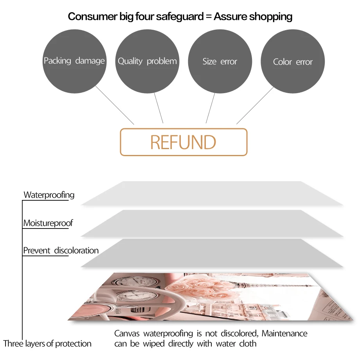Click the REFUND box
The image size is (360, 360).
184,142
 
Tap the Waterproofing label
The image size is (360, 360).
49,194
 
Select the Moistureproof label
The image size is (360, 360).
48,223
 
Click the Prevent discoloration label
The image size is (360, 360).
61,250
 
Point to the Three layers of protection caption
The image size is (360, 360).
47,344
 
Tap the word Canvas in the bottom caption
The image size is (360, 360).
127,333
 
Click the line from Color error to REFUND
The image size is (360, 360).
255,106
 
